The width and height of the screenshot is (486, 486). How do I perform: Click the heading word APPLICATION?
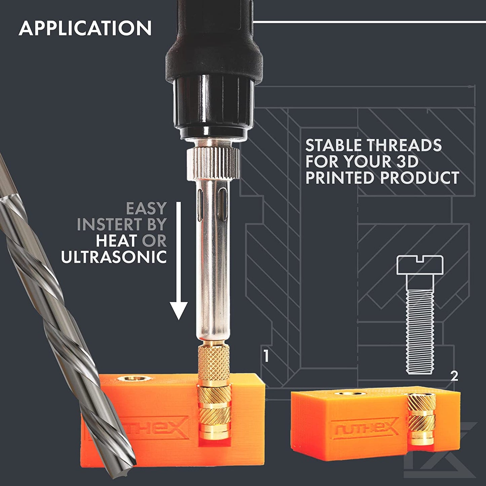[85, 28]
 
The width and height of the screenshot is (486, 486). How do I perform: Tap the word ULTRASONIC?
[114, 257]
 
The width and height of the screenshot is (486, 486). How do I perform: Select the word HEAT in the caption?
[116, 240]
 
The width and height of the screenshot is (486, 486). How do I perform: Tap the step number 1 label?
[266, 356]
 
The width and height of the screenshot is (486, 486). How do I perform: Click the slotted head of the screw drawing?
[420, 265]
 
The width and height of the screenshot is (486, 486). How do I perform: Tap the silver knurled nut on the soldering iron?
[213, 164]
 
